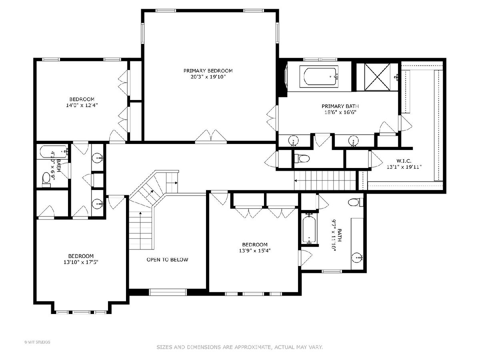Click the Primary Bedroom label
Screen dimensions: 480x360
208,71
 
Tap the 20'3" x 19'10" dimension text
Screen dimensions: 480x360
208,77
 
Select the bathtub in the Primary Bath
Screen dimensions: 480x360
319,76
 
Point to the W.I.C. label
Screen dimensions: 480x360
404,161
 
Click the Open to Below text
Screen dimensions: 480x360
167,260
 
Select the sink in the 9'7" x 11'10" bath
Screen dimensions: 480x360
357,258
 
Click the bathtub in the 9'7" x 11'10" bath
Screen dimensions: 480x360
309,229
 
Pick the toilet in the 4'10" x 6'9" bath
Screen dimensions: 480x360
46,180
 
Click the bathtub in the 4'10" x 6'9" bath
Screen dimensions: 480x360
54,152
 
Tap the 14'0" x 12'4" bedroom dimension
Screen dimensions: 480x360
82,105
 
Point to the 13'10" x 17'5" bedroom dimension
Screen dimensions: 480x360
81,262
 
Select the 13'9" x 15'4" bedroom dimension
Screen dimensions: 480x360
255,250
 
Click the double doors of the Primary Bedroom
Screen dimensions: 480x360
211,136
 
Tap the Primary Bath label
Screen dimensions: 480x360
340,106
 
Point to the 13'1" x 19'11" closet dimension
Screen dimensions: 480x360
404,167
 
